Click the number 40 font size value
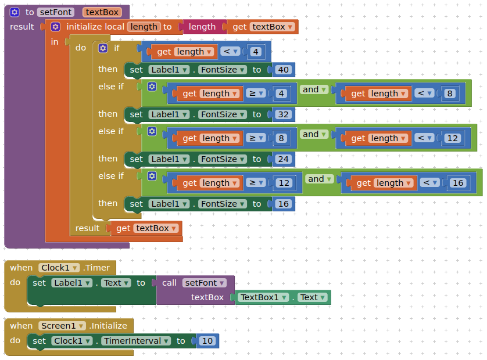pyautogui.click(x=284, y=70)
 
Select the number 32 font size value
pyautogui.click(x=284, y=114)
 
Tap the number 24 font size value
pyautogui.click(x=284, y=159)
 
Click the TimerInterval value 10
pyautogui.click(x=207, y=341)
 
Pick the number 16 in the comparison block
pyautogui.click(x=458, y=183)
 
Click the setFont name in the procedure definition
pyautogui.click(x=55, y=12)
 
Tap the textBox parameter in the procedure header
pyautogui.click(x=102, y=12)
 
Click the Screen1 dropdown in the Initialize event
pyautogui.click(x=62, y=326)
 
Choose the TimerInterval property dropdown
pyautogui.click(x=136, y=341)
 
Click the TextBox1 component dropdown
pyautogui.click(x=264, y=297)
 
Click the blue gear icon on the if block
pyautogui.click(x=103, y=48)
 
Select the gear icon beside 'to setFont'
pyautogui.click(x=15, y=12)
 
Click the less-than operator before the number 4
pyautogui.click(x=231, y=51)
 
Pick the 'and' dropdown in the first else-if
pyautogui.click(x=314, y=89)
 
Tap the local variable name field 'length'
pyautogui.click(x=144, y=27)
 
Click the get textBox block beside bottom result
pyautogui.click(x=146, y=228)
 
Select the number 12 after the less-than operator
pyautogui.click(x=453, y=138)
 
